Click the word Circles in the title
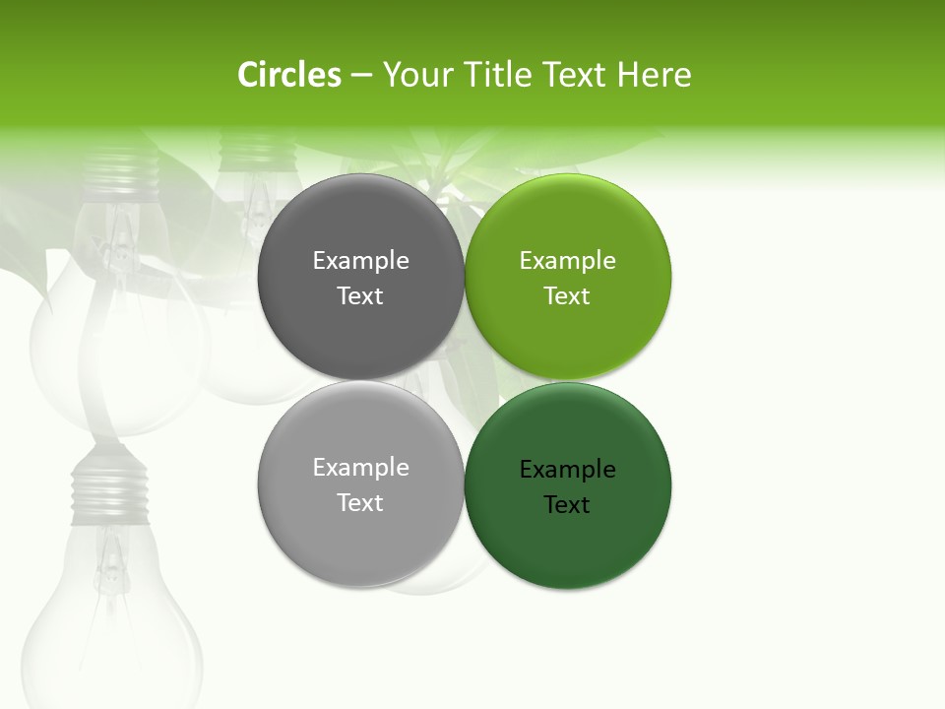(x=289, y=75)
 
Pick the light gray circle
(x=360, y=532)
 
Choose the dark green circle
(x=567, y=537)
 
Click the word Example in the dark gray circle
(x=360, y=261)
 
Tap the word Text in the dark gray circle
(x=360, y=296)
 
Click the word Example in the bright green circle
(x=567, y=261)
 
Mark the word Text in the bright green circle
(x=567, y=296)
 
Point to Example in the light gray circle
(x=360, y=468)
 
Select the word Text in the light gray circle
(x=360, y=503)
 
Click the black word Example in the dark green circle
(x=567, y=470)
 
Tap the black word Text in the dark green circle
(x=567, y=505)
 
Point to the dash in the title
(x=361, y=75)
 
